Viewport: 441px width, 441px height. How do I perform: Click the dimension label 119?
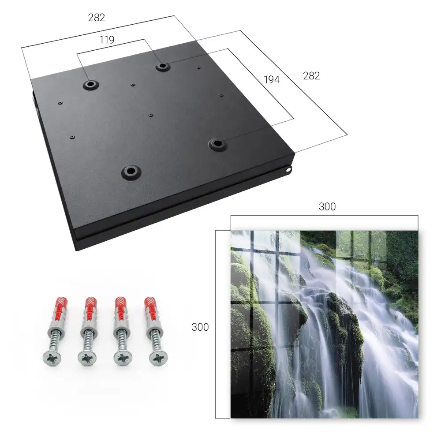point(107,40)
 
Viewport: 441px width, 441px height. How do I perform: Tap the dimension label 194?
point(272,79)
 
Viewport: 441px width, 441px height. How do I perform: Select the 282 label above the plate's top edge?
point(97,18)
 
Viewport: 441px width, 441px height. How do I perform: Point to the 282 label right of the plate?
point(311,76)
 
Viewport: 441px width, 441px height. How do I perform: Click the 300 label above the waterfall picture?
point(327,207)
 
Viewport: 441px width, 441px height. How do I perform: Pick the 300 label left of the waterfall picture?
point(200,327)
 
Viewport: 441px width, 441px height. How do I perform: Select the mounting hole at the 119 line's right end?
point(162,67)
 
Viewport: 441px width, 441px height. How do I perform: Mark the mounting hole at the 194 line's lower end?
point(217,144)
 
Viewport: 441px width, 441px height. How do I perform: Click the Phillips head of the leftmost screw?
point(52,358)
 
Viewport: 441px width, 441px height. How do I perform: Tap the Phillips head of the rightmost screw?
point(158,358)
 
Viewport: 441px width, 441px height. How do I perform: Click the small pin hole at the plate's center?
point(151,115)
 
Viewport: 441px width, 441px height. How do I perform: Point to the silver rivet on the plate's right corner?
point(288,169)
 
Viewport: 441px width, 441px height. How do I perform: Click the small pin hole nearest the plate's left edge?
point(60,103)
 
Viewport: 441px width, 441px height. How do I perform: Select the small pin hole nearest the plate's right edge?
point(221,95)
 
